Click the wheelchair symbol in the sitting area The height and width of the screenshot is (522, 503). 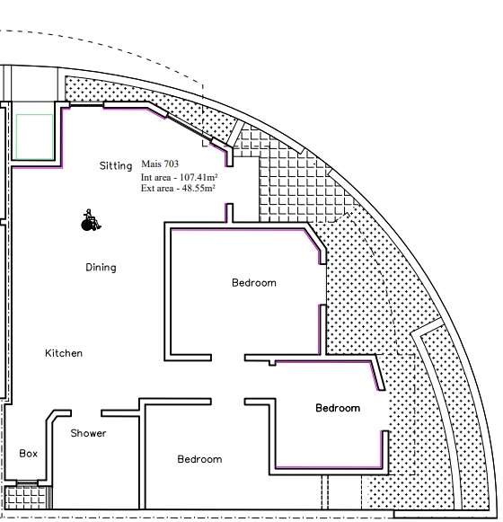pos(91,220)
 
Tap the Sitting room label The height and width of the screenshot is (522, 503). pos(116,166)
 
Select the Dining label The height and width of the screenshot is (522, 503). pos(101,268)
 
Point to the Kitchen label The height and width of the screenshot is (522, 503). pos(64,353)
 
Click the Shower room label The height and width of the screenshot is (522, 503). pos(88,433)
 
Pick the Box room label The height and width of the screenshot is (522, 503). pos(29,454)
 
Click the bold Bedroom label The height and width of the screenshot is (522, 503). pos(338,408)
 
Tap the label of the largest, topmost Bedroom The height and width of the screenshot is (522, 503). pos(254,283)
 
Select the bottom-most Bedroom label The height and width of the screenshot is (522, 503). pos(199,459)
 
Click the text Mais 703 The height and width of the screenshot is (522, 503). pos(160,164)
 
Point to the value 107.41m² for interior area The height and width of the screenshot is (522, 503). pos(199,177)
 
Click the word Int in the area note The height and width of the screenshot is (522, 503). pos(146,177)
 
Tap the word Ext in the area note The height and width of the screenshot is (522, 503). pos(146,188)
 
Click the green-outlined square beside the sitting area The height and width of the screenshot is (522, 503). pos(34,137)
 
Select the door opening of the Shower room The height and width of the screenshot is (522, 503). pos(86,413)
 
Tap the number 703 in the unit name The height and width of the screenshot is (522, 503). pos(171,164)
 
